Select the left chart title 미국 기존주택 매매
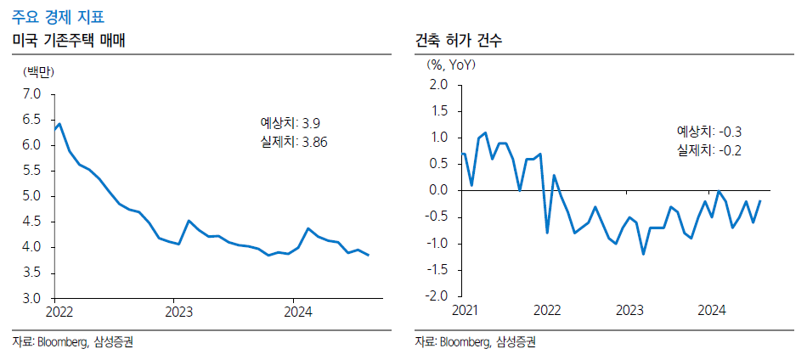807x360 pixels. click(x=69, y=40)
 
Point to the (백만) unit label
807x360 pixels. click(x=38, y=72)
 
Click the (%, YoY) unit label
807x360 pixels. click(x=450, y=64)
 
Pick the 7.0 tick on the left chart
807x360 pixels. click(x=32, y=93)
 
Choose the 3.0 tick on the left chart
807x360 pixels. click(x=32, y=299)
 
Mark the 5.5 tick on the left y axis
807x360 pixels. click(x=32, y=171)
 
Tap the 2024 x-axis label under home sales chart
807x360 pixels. click(x=293, y=312)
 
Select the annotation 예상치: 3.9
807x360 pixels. click(x=290, y=123)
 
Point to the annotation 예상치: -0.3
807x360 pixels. click(x=709, y=132)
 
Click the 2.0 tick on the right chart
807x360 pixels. click(x=438, y=84)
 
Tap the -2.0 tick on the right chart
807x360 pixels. click(x=437, y=296)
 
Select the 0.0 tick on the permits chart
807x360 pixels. click(x=438, y=190)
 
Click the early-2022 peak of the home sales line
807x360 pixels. click(x=59, y=124)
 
